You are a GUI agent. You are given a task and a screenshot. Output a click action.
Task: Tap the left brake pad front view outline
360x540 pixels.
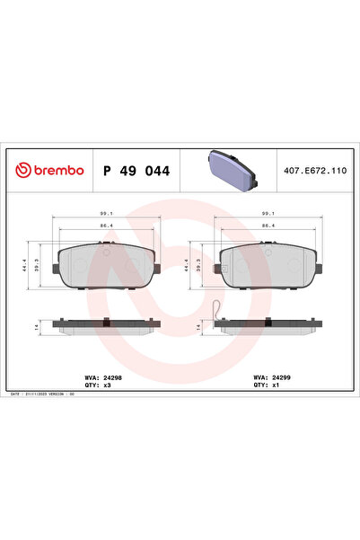tap(104, 267)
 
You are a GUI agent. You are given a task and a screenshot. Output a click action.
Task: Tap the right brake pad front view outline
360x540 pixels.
tap(267, 267)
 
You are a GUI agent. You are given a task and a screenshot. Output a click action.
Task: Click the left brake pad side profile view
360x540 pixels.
tap(104, 324)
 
